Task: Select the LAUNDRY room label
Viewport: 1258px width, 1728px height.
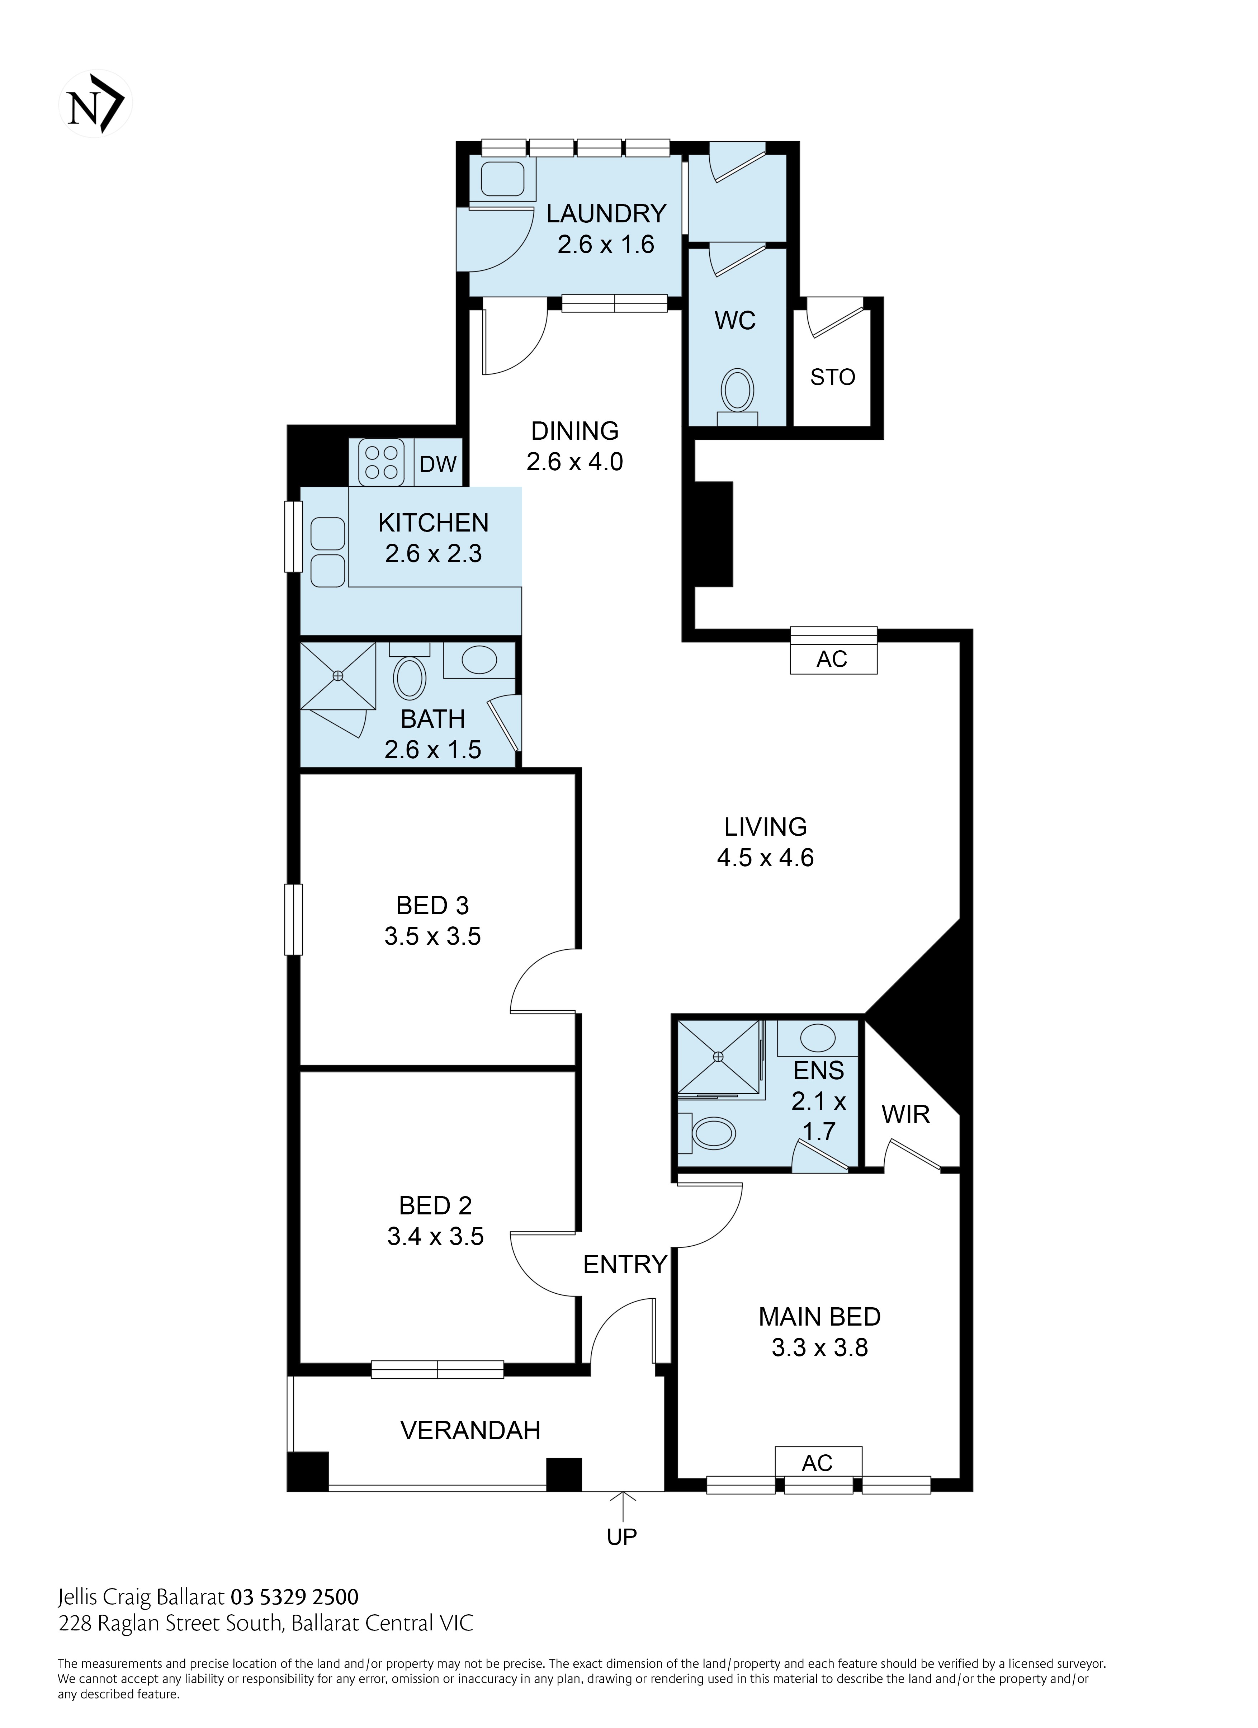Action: tap(606, 213)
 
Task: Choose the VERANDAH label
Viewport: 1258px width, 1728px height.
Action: tap(470, 1430)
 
